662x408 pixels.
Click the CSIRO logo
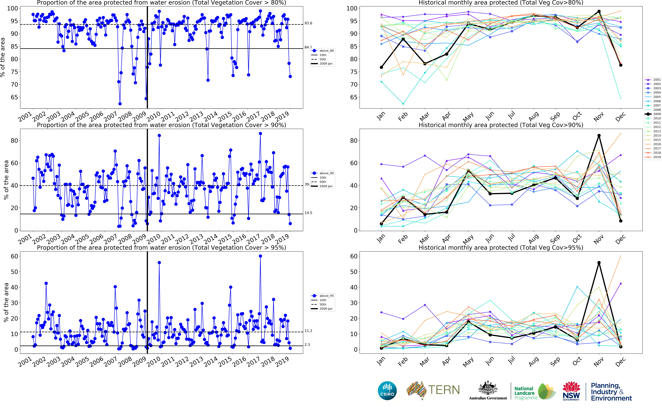pyautogui.click(x=387, y=390)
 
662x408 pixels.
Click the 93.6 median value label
pyautogui.click(x=308, y=23)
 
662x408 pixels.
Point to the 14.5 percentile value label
pyautogui.click(x=308, y=213)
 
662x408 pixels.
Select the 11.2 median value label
pyautogui.click(x=308, y=331)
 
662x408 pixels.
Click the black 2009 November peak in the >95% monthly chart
pyautogui.click(x=599, y=263)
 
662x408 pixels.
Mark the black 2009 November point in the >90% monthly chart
pyautogui.click(x=599, y=135)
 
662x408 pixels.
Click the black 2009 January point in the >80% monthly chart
pyautogui.click(x=381, y=67)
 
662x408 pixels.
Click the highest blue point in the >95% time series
pyautogui.click(x=260, y=256)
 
